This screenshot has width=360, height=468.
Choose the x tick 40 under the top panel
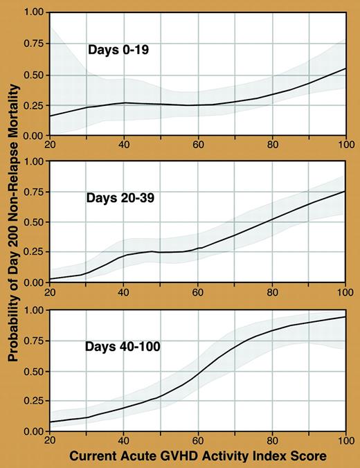coord(123,145)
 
